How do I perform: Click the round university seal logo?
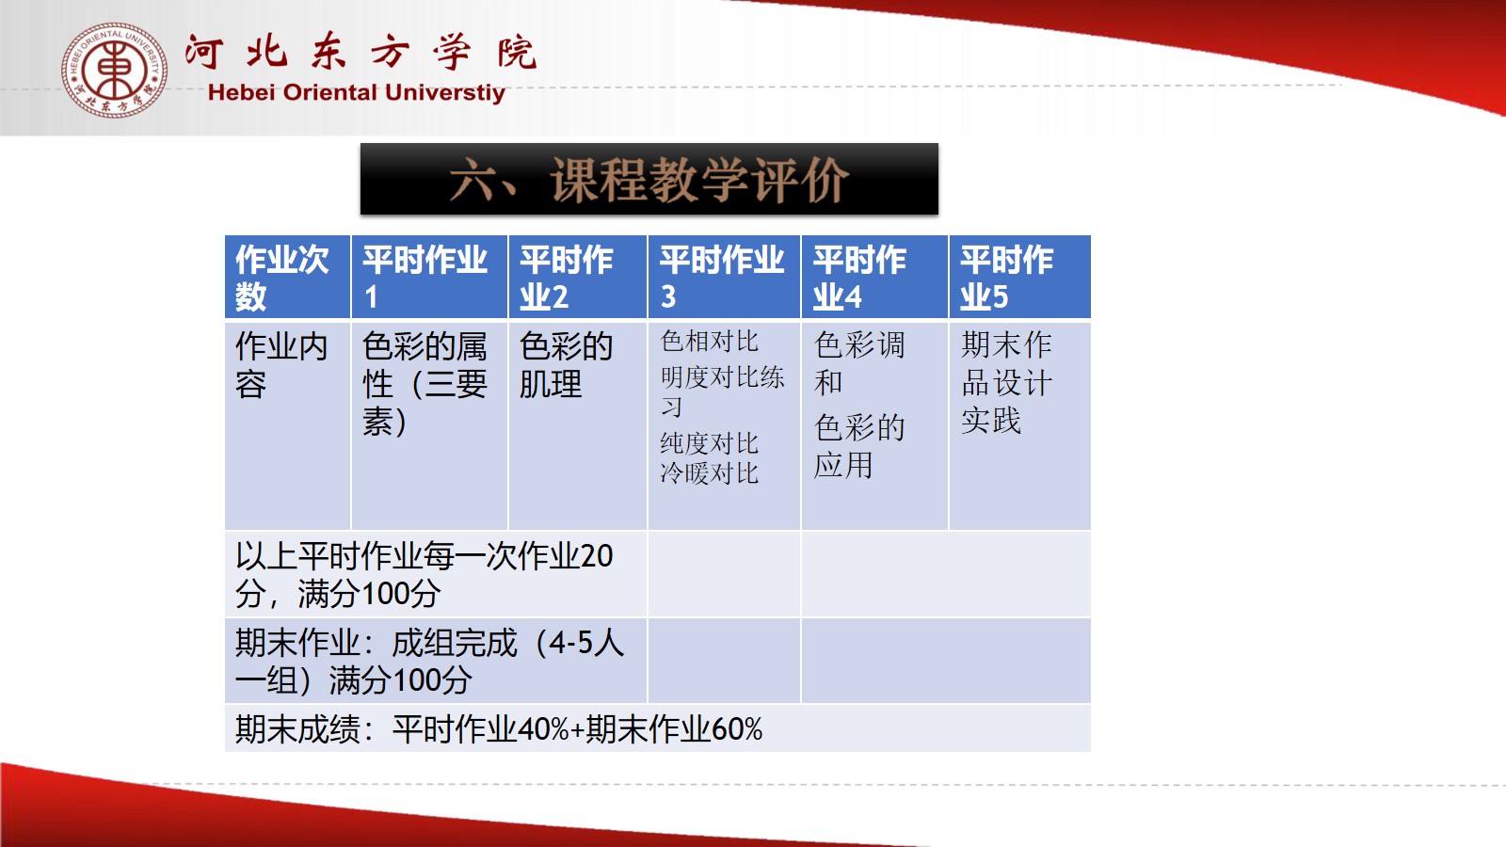[114, 70]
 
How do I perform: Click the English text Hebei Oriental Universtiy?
[357, 93]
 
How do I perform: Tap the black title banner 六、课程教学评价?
[649, 179]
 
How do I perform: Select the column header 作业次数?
[281, 278]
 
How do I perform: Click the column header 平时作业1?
[425, 278]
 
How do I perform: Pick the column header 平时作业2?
[566, 278]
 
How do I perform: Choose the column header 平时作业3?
[721, 278]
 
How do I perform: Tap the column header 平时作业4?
[859, 278]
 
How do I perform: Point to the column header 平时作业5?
[1006, 278]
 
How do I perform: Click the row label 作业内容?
[281, 365]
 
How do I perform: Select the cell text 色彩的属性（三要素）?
[425, 384]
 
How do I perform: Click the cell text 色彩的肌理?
[566, 365]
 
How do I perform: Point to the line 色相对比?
[710, 342]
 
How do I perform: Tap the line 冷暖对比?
[710, 473]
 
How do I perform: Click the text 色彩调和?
[859, 363]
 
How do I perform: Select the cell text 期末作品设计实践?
[1006, 382]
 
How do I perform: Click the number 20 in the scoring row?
[597, 556]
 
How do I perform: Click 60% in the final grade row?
[737, 729]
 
